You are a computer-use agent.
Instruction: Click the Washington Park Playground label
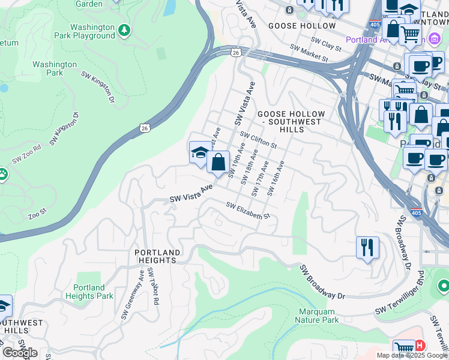(92, 31)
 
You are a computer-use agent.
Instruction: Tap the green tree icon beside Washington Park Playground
(124, 29)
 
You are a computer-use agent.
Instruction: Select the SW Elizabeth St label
(249, 211)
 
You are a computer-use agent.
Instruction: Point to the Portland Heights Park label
(89, 292)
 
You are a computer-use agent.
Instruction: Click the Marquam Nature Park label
(317, 316)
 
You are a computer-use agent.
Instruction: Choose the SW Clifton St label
(258, 140)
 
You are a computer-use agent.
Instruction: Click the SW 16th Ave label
(276, 178)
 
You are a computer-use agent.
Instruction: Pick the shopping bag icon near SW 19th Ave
(218, 161)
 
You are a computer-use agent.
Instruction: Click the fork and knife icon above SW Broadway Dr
(367, 247)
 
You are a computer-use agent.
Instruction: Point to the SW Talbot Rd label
(152, 287)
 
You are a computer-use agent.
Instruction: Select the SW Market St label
(309, 53)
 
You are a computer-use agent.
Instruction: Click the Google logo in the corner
(19, 353)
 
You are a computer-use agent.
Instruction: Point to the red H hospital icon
(420, 346)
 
